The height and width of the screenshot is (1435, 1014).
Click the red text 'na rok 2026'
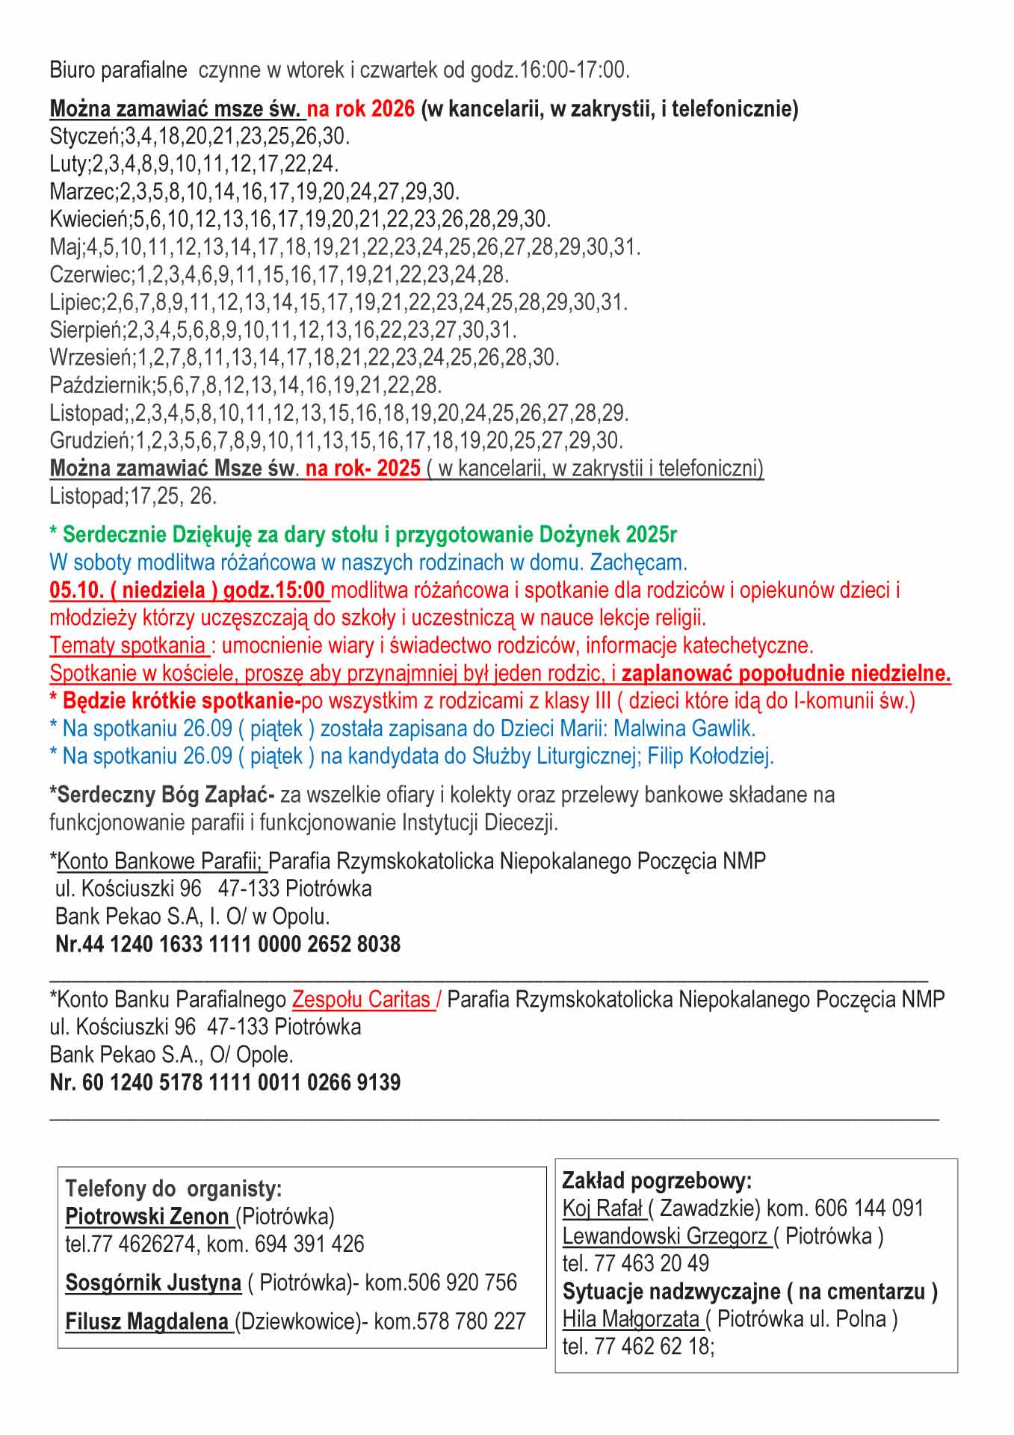pos(361,109)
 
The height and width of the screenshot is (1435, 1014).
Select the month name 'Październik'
pos(100,386)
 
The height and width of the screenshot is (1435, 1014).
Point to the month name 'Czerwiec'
pos(90,275)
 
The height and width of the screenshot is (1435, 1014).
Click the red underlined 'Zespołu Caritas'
pos(362,999)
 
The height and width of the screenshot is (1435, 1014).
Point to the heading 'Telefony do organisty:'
pos(173,1188)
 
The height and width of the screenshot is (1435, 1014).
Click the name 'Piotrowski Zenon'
pos(147,1216)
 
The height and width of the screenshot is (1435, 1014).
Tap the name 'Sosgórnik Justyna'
pos(153,1283)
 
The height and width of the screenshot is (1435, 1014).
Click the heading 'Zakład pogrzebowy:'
pos(657,1181)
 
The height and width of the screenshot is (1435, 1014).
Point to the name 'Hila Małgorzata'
pos(631,1319)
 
